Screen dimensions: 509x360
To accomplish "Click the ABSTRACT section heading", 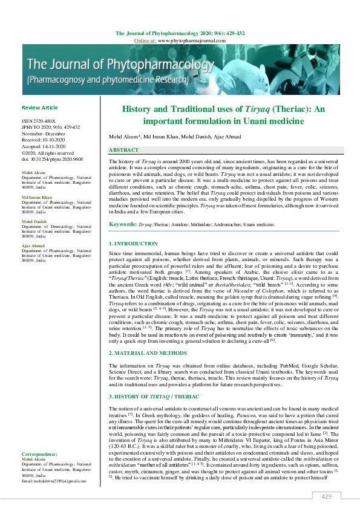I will pyautogui.click(x=123, y=149).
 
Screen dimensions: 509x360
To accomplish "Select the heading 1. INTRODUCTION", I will pyautogui.click(x=133, y=243).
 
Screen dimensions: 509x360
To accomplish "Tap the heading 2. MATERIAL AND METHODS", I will pyautogui.click(x=149, y=352).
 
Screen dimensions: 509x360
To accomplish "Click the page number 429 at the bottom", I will pyautogui.click(x=327, y=496).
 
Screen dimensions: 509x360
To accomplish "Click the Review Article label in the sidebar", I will pyautogui.click(x=40, y=108).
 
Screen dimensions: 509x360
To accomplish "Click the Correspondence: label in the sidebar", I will pyautogui.click(x=41, y=453).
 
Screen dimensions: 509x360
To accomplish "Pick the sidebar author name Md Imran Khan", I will pyautogui.click(x=37, y=198).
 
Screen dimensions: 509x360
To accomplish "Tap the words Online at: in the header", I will pyautogui.click(x=145, y=40).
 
